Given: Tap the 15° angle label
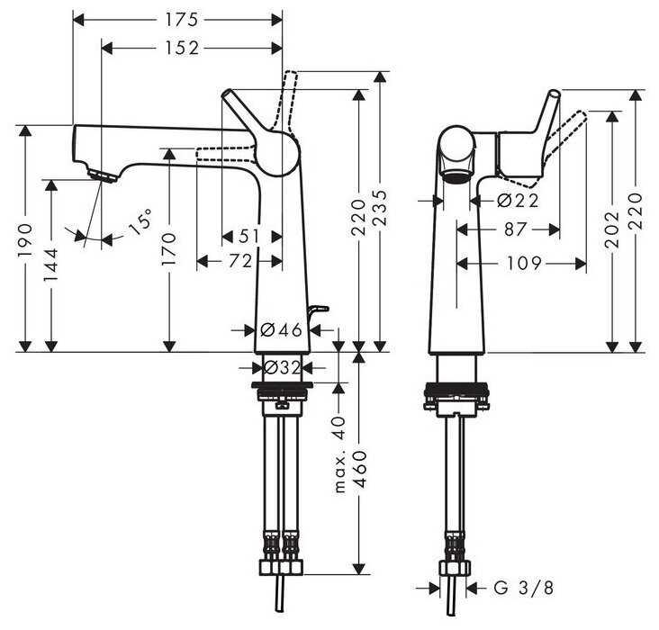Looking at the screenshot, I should tap(140, 221).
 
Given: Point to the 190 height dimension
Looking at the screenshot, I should tap(27, 238).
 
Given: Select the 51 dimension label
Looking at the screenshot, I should tap(250, 236).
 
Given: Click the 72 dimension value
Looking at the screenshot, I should tap(239, 261).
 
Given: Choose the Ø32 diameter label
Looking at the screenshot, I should tap(281, 367).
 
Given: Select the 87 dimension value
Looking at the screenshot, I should tap(515, 230).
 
